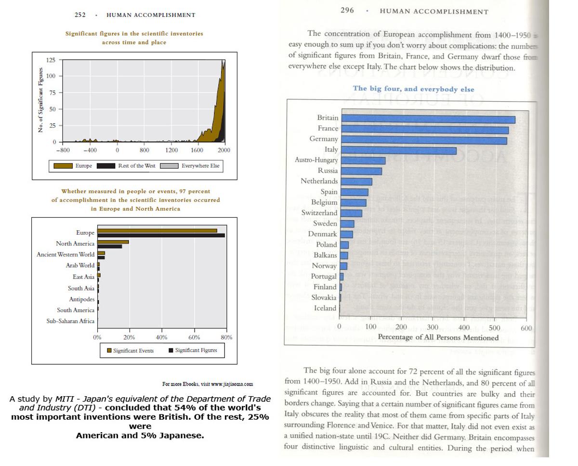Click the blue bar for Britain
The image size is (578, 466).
point(428,120)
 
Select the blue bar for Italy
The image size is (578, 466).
point(398,151)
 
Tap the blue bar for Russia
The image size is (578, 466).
point(361,171)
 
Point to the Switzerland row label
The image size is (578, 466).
point(319,213)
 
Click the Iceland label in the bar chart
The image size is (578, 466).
point(325,308)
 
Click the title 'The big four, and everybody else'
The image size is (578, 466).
point(413,89)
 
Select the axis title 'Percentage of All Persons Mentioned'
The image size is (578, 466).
point(438,337)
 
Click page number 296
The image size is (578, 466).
point(347,11)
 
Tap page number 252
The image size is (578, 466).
point(80,15)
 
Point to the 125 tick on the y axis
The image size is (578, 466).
point(51,60)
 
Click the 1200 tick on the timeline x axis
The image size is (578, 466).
point(171,150)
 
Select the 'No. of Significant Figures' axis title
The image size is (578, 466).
point(40,101)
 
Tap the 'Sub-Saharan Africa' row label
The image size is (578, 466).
point(70,321)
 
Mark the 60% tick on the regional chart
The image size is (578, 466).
point(194,337)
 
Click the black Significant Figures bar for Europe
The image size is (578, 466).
point(161,236)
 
